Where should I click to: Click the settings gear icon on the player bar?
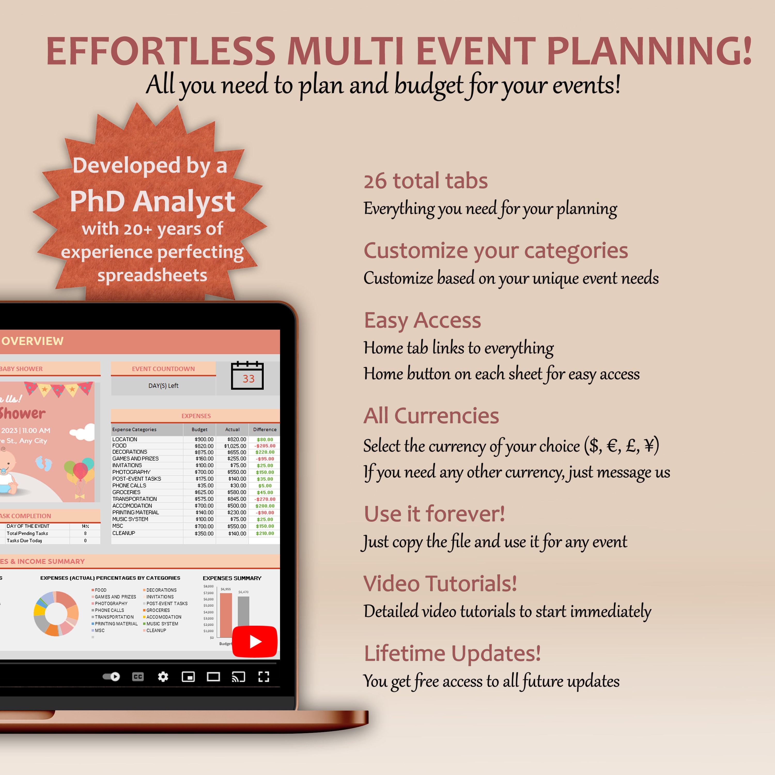pyautogui.click(x=163, y=677)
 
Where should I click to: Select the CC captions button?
pyautogui.click(x=138, y=677)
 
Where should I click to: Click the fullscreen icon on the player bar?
pyautogui.click(x=263, y=677)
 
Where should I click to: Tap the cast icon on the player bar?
pyautogui.click(x=238, y=677)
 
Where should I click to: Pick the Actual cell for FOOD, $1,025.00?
pyautogui.click(x=235, y=446)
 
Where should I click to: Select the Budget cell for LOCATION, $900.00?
pyautogui.click(x=204, y=439)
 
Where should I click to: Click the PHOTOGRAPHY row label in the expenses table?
pyautogui.click(x=131, y=472)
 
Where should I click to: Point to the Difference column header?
pyautogui.click(x=265, y=429)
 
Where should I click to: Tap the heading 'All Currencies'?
pyautogui.click(x=431, y=416)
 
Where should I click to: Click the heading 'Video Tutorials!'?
pyautogui.click(x=440, y=583)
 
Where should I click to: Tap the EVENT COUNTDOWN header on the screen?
pyautogui.click(x=163, y=369)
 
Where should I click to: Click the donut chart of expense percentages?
pyautogui.click(x=56, y=613)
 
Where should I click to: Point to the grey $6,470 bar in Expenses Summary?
pyautogui.click(x=244, y=616)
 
